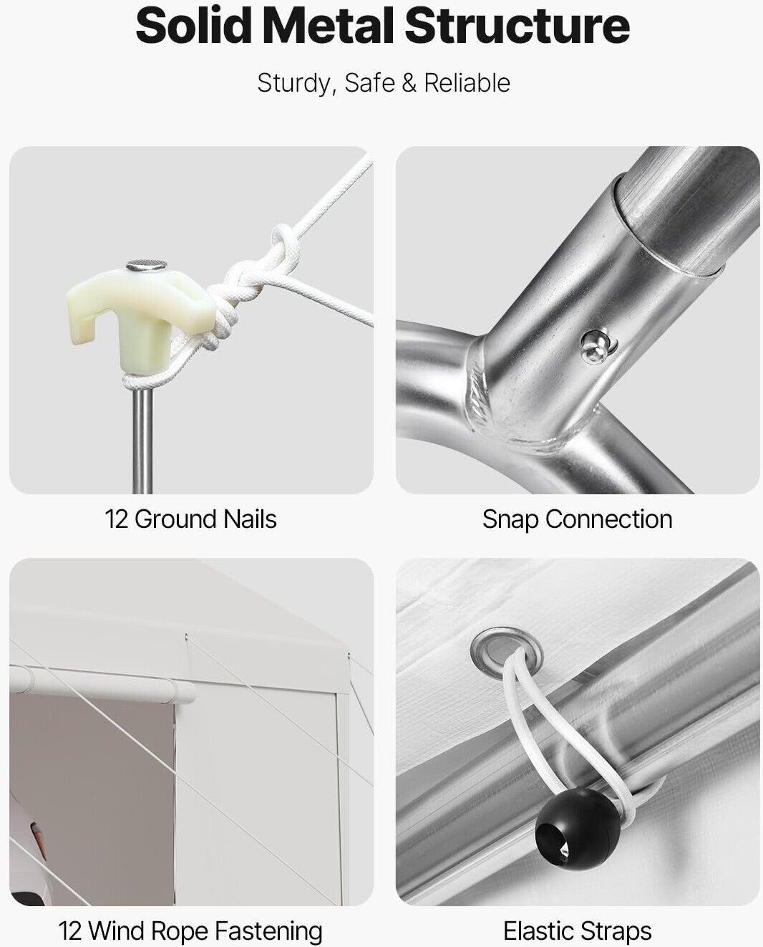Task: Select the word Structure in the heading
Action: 517,27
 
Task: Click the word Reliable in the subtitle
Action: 467,82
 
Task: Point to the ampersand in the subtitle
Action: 409,82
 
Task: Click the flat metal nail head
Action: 147,265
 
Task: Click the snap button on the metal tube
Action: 598,345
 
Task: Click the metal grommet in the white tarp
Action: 506,653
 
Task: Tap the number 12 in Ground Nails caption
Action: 116,519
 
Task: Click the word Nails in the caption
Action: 251,519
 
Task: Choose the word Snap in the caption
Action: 510,520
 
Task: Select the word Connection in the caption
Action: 609,519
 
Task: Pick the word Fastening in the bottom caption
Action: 268,931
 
